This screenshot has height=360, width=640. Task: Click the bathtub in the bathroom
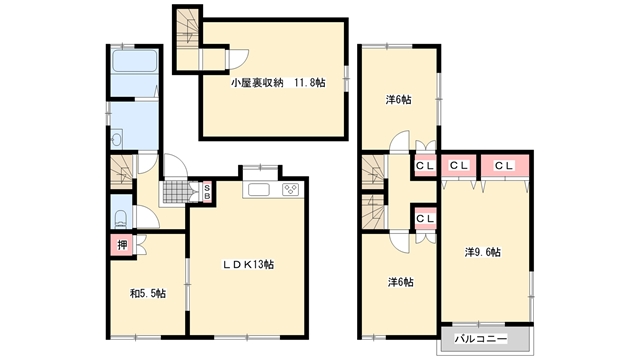[x=134, y=61]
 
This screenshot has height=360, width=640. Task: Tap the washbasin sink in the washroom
[x=116, y=139]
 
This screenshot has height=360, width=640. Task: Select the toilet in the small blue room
[x=121, y=219]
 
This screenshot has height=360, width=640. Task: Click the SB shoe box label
[x=207, y=192]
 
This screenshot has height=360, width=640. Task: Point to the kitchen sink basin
[x=259, y=190]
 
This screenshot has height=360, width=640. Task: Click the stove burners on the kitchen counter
[x=291, y=189]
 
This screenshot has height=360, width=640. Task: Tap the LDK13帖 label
[x=248, y=264]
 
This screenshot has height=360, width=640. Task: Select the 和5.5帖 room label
[x=148, y=293]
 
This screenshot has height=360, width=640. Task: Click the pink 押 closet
[x=122, y=245]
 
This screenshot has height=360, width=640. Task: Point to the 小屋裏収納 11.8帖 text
[x=278, y=83]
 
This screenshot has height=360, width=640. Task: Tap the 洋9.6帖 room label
[x=483, y=252]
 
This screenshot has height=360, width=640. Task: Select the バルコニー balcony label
[x=481, y=339]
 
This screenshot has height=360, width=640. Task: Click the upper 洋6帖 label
[x=398, y=100]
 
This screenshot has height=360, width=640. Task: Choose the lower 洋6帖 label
[x=400, y=282]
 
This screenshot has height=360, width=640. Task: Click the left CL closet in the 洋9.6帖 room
[x=459, y=166]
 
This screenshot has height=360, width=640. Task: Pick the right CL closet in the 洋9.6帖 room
[x=504, y=166]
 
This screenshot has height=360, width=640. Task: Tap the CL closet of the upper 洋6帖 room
[x=425, y=165]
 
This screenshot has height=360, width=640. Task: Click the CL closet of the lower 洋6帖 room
[x=425, y=219]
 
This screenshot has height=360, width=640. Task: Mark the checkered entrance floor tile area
[x=176, y=191]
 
